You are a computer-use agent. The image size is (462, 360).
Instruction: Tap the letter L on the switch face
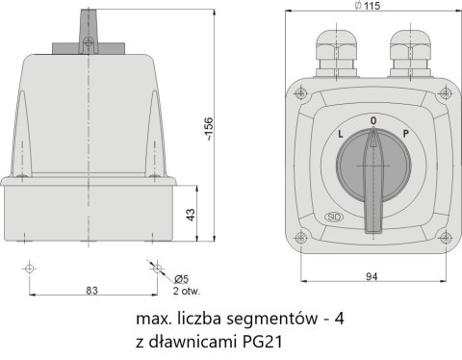click(341, 136)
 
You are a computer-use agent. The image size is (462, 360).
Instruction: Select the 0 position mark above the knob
click(373, 120)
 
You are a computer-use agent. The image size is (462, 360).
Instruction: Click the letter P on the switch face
click(405, 136)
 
